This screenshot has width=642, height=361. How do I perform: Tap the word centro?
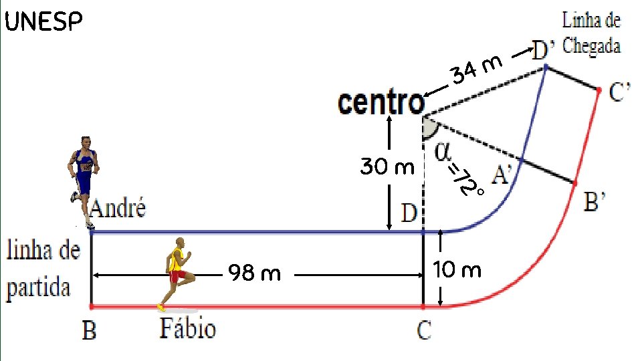(x=382, y=103)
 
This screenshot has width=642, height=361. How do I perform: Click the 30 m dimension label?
(x=387, y=166)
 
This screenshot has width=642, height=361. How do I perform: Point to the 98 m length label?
(x=254, y=273)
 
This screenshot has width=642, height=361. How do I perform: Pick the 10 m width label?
(x=457, y=271)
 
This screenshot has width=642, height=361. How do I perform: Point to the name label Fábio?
(x=188, y=329)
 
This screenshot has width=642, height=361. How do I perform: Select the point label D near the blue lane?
(x=409, y=214)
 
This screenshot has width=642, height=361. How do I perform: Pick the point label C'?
(x=619, y=93)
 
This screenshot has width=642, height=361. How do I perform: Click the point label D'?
(x=542, y=49)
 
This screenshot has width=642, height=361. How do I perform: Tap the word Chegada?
(x=592, y=46)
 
